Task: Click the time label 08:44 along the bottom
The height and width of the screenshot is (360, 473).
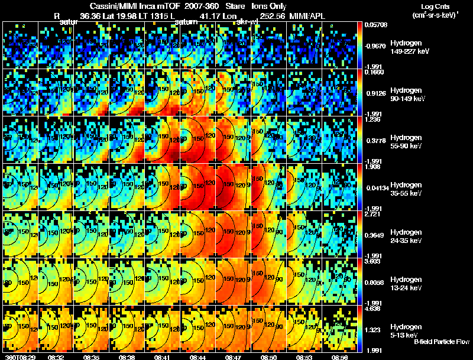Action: tap(198, 357)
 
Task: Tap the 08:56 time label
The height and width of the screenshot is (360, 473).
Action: tap(340, 357)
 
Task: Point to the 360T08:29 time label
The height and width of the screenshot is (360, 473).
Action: tap(18, 357)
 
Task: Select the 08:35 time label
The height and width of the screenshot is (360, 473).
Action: tap(91, 357)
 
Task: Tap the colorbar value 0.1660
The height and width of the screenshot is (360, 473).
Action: tap(373, 73)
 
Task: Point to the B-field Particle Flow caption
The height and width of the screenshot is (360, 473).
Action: tap(441, 341)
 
